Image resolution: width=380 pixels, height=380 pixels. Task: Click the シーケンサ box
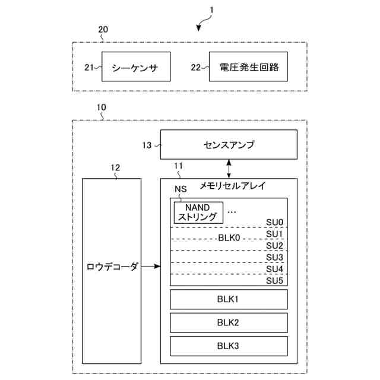coord(136,67)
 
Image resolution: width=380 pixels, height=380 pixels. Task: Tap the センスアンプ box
coord(229,144)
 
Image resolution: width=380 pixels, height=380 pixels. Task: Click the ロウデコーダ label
coord(112,267)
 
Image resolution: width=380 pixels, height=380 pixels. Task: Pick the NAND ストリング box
coord(198,212)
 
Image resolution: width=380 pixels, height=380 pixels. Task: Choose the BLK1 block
coord(229,299)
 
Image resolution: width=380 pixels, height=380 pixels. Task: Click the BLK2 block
coord(229,322)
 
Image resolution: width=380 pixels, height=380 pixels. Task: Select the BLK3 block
coord(229,345)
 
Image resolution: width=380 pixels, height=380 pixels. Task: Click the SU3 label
coord(274,257)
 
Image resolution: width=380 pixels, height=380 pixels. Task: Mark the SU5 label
coord(274,280)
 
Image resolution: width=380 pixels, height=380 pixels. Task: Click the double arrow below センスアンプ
coord(229,169)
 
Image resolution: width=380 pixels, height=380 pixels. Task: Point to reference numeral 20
coord(103,28)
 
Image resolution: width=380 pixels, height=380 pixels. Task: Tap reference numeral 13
coord(147,144)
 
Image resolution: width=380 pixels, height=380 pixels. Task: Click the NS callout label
coord(180,189)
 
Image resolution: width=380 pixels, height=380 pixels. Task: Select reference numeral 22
coord(196,67)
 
